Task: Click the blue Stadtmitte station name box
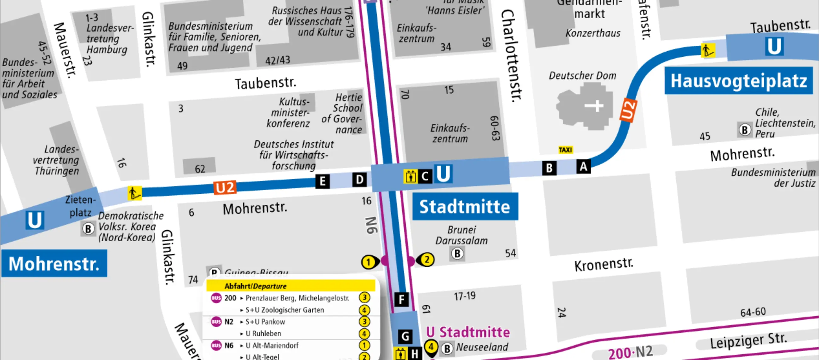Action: (465, 207)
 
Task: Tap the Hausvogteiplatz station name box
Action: (738, 81)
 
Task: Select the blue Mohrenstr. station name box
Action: (54, 264)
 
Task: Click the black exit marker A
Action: (583, 166)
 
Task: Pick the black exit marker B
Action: (549, 168)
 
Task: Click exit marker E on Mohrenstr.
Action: (322, 181)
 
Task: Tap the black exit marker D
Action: (359, 180)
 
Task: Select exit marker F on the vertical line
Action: (401, 299)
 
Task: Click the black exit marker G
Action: (405, 336)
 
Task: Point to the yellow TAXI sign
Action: (565, 150)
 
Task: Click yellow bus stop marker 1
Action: (369, 262)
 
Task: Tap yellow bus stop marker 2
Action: (427, 260)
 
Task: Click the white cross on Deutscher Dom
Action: (594, 106)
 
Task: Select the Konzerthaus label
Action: (593, 33)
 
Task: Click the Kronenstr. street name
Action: (604, 265)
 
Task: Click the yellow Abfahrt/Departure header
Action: (290, 286)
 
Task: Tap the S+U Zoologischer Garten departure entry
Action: (284, 310)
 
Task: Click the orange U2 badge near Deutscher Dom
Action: (628, 110)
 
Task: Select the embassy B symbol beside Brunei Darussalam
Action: (457, 254)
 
